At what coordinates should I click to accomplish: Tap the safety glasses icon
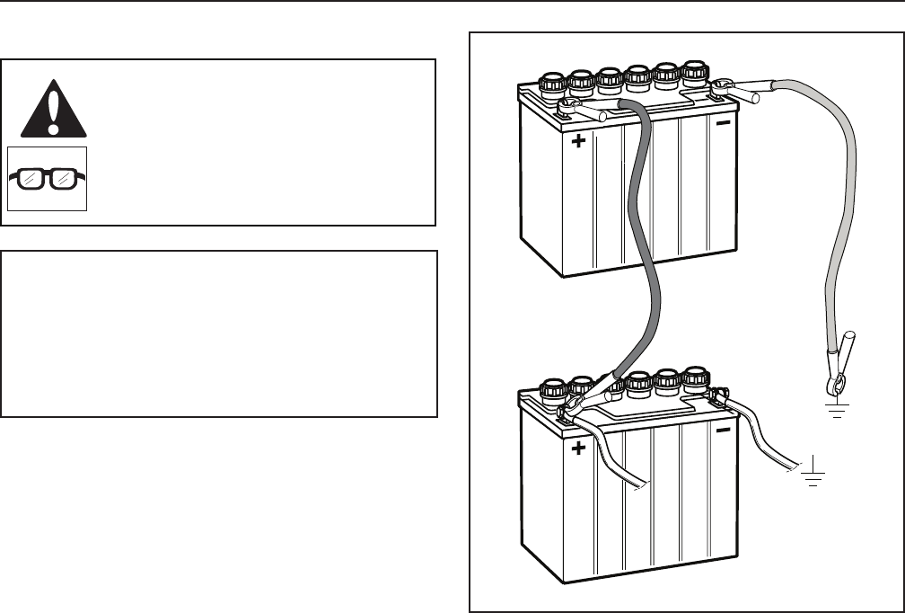pyautogui.click(x=48, y=178)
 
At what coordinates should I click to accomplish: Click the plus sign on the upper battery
pyautogui.click(x=578, y=141)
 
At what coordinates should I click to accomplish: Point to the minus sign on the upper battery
pyautogui.click(x=724, y=122)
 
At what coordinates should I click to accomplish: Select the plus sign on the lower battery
pyautogui.click(x=578, y=448)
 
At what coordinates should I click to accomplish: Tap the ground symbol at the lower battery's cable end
pyautogui.click(x=813, y=476)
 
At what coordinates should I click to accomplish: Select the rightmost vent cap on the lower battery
pyautogui.click(x=696, y=378)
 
